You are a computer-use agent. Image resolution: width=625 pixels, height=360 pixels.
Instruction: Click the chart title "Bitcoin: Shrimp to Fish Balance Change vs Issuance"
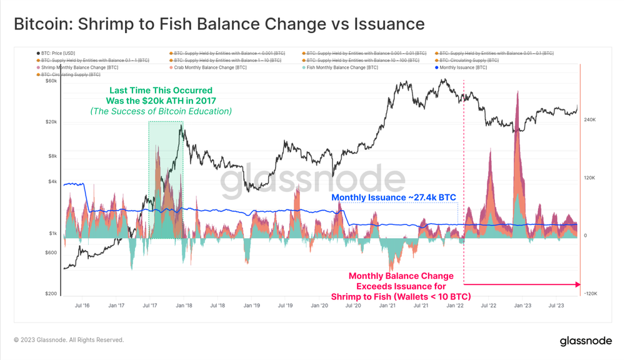point(219,24)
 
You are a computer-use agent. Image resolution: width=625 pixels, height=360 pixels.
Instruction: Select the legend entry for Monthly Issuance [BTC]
point(462,67)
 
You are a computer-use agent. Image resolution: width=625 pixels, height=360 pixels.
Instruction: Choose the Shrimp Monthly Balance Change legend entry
point(77,67)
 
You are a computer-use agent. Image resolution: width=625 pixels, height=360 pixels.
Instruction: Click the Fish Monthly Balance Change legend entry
point(340,67)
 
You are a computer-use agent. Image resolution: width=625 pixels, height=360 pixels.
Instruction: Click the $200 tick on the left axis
point(50,294)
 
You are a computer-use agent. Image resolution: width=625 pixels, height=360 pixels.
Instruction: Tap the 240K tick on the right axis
point(589,119)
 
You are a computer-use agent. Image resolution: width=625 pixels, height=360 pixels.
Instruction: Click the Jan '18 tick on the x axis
point(184,306)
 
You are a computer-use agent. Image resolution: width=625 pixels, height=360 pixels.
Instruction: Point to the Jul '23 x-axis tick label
point(556,306)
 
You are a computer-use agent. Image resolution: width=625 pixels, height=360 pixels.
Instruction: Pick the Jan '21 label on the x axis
point(387,306)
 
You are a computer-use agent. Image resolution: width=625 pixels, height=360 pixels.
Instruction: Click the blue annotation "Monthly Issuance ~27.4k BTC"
point(394,197)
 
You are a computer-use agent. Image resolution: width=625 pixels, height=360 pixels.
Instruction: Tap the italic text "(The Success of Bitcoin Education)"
point(161,111)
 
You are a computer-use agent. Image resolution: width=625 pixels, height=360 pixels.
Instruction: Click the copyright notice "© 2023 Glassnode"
point(69,340)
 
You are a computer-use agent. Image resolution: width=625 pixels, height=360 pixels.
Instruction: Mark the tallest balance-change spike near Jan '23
point(517,94)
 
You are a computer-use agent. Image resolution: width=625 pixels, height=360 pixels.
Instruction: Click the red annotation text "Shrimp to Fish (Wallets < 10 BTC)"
point(401,296)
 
